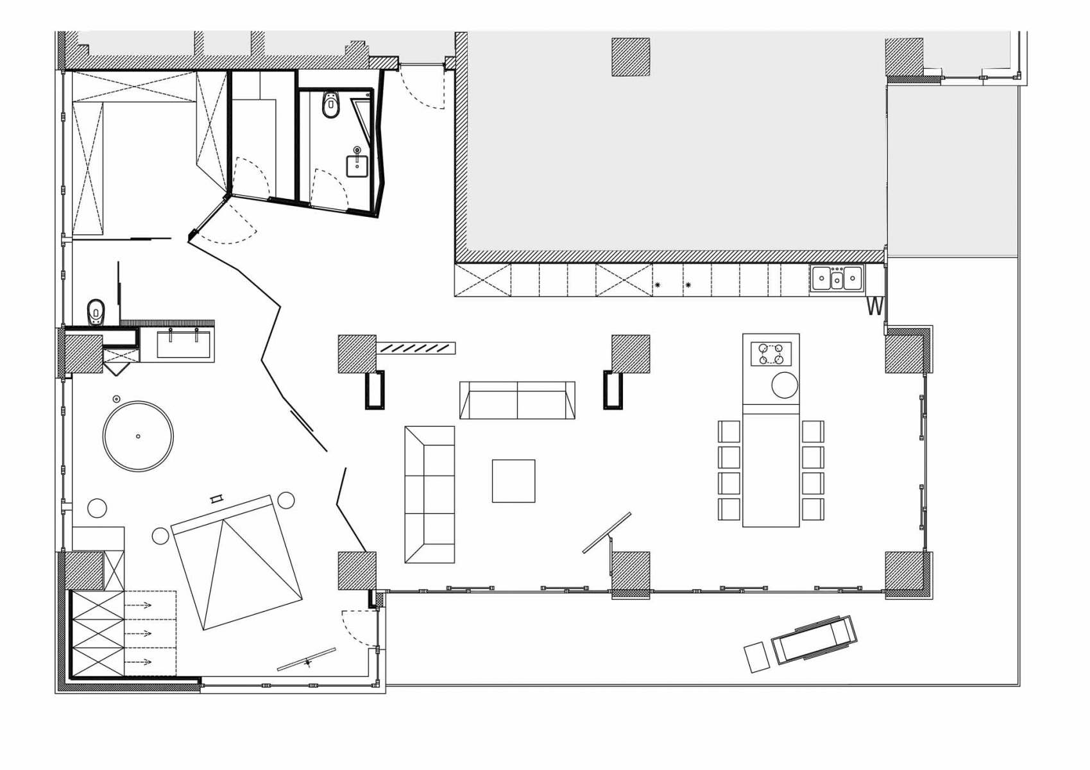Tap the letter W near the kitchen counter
[874, 307]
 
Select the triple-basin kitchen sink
[837, 278]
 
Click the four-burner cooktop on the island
[771, 354]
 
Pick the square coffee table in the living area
[513, 481]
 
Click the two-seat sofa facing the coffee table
[517, 400]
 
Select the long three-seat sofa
[430, 495]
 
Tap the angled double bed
[237, 563]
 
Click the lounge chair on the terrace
[815, 640]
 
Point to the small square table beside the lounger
[758, 658]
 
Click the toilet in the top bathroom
[331, 105]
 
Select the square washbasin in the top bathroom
[357, 166]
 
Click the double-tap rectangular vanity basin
[183, 344]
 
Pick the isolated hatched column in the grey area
[631, 57]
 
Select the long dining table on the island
[771, 470]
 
